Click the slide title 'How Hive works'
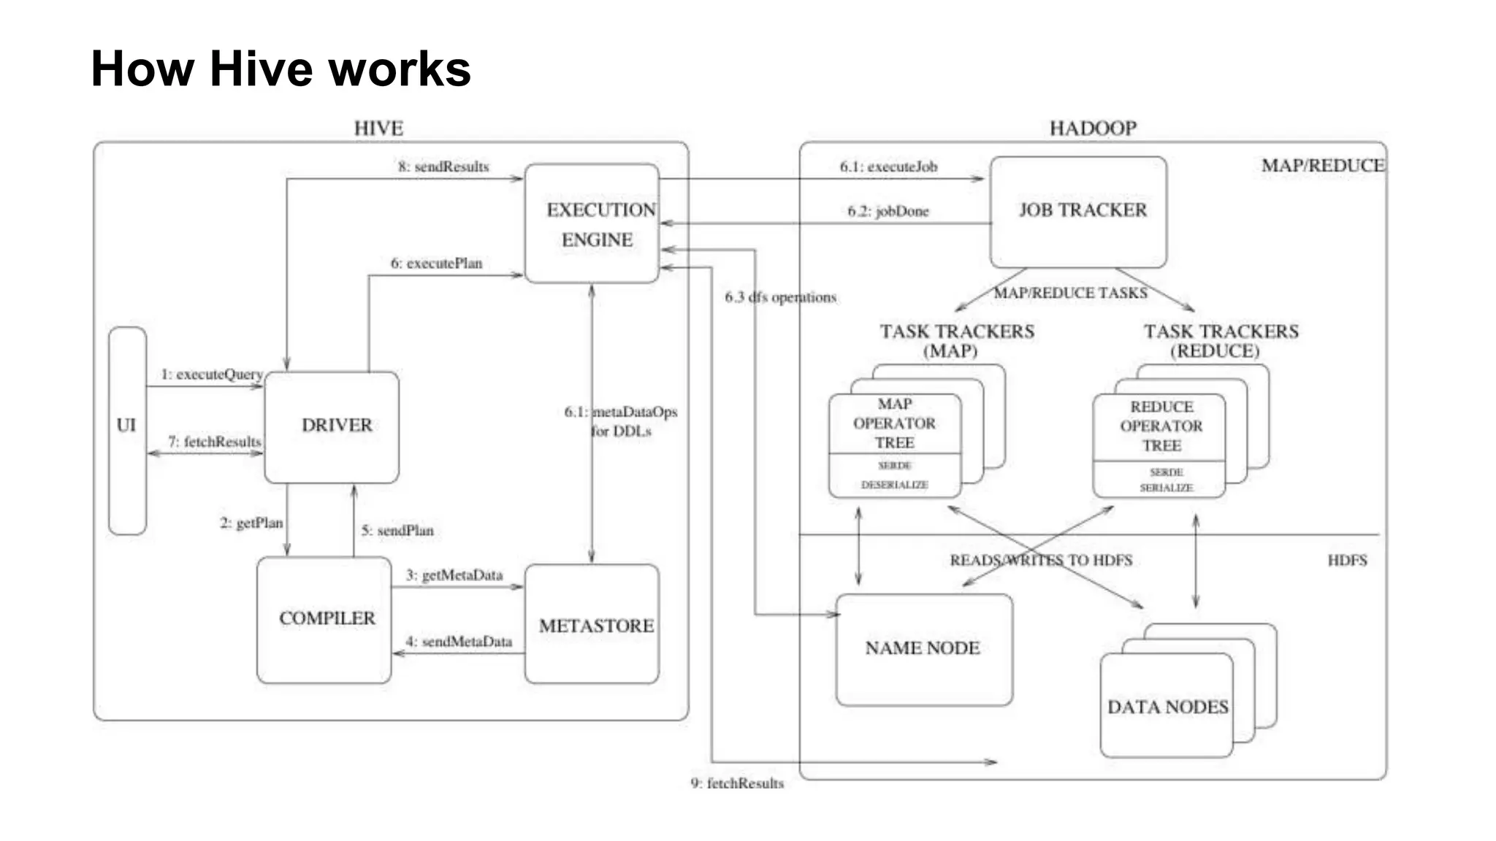point(280,69)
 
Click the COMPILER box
point(324,619)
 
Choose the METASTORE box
point(592,626)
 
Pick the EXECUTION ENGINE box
point(592,224)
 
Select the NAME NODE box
point(923,648)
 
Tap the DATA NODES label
point(1167,707)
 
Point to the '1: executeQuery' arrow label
point(212,375)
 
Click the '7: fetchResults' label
point(214,442)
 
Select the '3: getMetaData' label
point(454,575)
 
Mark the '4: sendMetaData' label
point(459,642)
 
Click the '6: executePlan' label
point(436,264)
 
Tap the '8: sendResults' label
point(443,167)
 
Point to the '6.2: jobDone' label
point(888,212)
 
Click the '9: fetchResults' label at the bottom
point(737,783)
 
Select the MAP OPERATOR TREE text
point(894,423)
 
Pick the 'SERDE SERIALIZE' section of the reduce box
point(1166,480)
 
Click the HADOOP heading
point(1093,128)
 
